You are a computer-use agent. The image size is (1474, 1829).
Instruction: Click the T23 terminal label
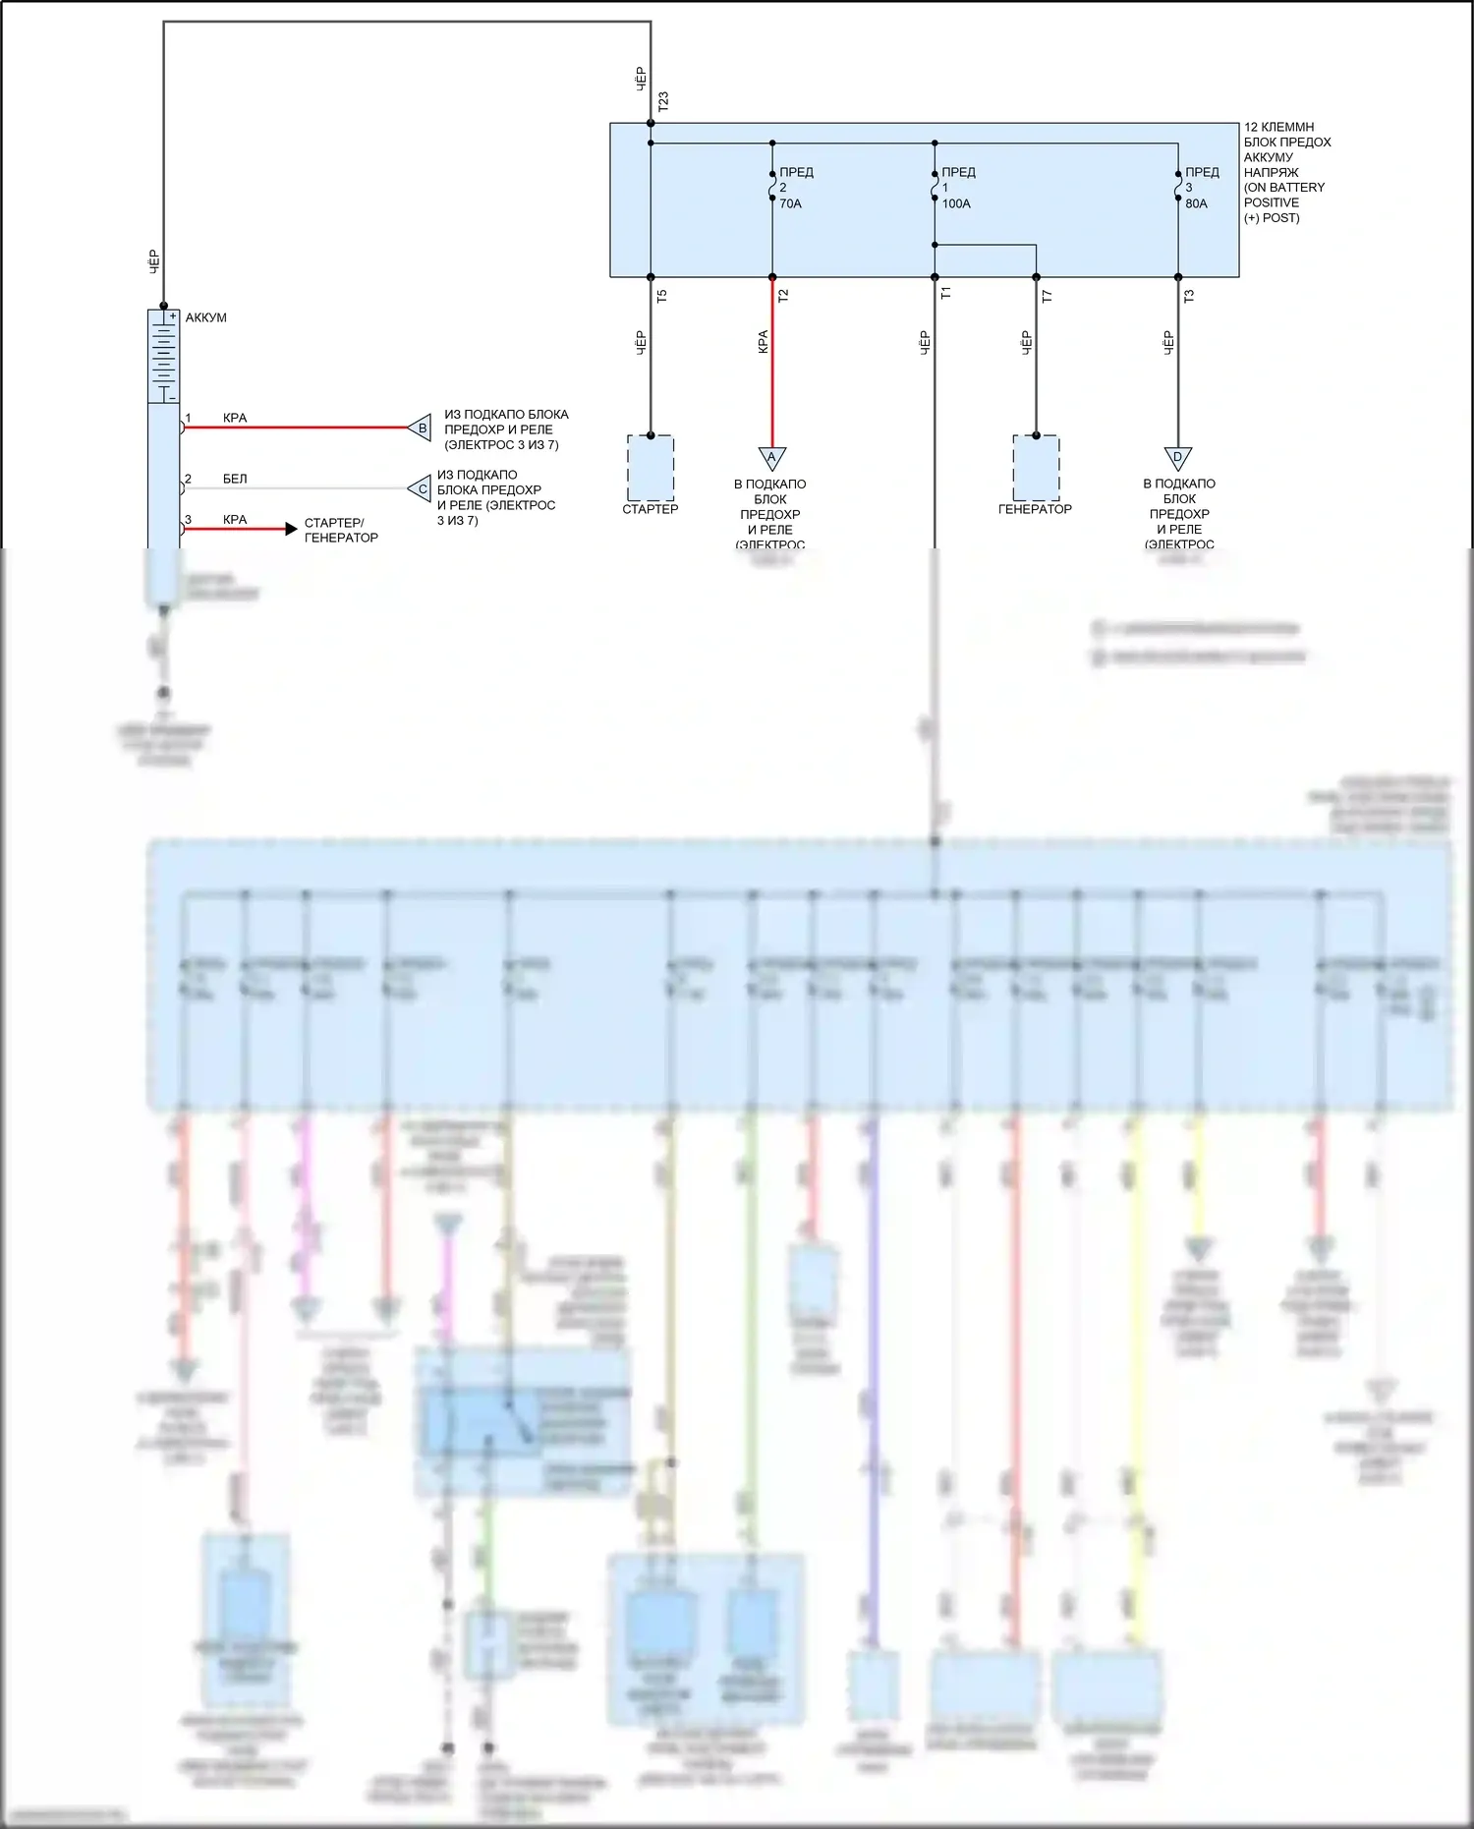[663, 100]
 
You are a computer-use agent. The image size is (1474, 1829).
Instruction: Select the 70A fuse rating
[790, 203]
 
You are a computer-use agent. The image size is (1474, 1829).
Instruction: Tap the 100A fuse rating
[956, 203]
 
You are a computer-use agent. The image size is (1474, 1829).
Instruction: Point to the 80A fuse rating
[1196, 203]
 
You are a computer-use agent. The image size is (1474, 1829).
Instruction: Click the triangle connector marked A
[771, 458]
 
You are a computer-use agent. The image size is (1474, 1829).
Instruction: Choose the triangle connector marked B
[422, 428]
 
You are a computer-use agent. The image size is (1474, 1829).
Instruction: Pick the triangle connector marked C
[422, 488]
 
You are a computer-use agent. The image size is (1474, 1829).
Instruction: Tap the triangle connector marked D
[1177, 458]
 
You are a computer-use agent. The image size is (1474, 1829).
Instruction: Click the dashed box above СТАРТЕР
[651, 467]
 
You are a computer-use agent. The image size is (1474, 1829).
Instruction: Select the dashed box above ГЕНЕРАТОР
[1036, 467]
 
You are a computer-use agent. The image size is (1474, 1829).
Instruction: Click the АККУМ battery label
[205, 317]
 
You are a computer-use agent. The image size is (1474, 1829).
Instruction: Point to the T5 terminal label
[661, 295]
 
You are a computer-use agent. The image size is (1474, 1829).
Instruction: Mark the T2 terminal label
[783, 295]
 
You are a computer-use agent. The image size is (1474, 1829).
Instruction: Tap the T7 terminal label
[1047, 295]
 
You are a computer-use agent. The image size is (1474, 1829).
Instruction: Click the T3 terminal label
[1189, 295]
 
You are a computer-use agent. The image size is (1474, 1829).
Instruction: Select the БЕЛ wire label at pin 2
[235, 479]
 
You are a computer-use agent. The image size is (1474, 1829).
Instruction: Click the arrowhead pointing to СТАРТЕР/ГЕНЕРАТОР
[291, 529]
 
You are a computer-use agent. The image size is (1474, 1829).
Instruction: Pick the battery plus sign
[172, 316]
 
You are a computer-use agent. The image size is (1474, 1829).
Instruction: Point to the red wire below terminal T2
[772, 373]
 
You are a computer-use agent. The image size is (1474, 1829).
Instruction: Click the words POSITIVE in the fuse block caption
[1272, 202]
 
